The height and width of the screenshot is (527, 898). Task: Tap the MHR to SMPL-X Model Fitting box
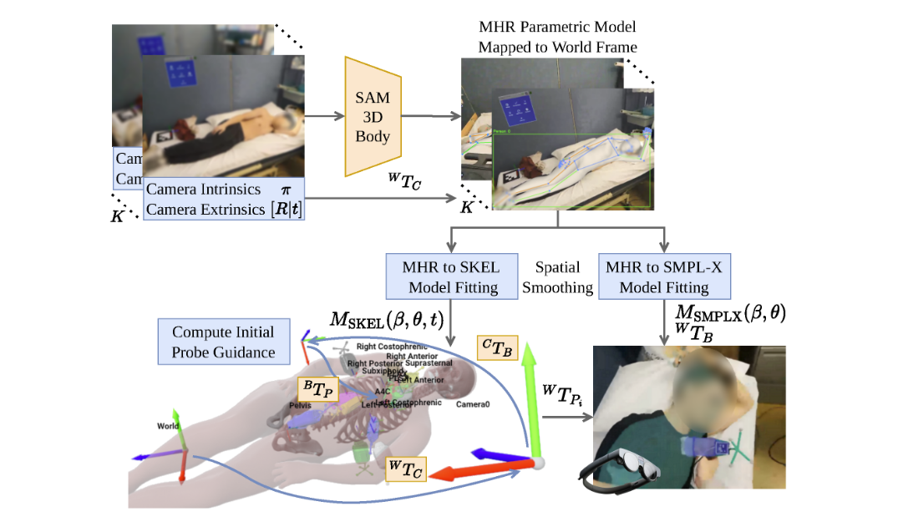pos(665,277)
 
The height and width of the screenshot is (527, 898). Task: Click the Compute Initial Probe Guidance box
pos(223,341)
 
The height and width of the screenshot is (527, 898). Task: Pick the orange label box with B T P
pos(319,388)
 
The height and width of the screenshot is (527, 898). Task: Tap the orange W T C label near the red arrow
pos(405,469)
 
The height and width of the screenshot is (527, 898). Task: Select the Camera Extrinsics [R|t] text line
pos(223,210)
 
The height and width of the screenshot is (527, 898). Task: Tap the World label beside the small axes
pos(168,426)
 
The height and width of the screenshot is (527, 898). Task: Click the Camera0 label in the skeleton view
pos(472,405)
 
